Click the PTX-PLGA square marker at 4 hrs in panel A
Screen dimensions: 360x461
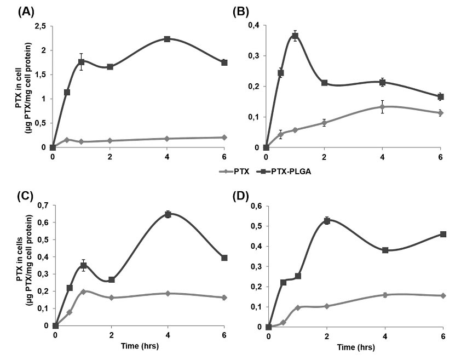point(167,39)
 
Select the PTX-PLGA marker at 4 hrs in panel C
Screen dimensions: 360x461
point(169,214)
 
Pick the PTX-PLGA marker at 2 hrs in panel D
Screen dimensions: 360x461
point(327,221)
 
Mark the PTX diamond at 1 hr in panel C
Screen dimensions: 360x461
point(84,292)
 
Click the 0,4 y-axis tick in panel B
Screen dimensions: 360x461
point(253,25)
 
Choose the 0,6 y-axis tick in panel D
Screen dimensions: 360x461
point(255,206)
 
